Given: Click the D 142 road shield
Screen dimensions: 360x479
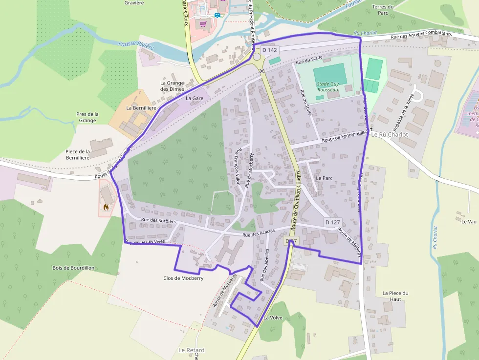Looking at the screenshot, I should click(x=269, y=50).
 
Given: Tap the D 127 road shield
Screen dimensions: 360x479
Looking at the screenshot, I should click(x=332, y=222).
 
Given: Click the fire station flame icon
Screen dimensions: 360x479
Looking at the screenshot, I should click(x=106, y=207).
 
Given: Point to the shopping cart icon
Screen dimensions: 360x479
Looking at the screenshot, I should click(x=203, y=23).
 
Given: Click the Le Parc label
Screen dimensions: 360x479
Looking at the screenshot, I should click(x=324, y=178).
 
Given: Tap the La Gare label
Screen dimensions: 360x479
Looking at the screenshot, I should click(x=195, y=98).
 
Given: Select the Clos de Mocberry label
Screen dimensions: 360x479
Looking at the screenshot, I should click(x=183, y=278).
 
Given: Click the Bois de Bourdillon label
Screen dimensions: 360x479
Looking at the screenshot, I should click(x=73, y=268).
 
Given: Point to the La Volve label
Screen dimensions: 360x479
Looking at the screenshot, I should click(x=273, y=318).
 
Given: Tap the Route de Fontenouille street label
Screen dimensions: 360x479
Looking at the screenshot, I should click(x=343, y=140).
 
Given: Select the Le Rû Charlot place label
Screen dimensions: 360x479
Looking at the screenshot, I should click(x=389, y=134).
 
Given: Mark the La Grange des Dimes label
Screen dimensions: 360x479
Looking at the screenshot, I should click(x=172, y=86).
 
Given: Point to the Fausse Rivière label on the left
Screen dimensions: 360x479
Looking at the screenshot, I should click(x=136, y=46).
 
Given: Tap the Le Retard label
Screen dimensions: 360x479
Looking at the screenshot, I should click(x=191, y=350).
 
